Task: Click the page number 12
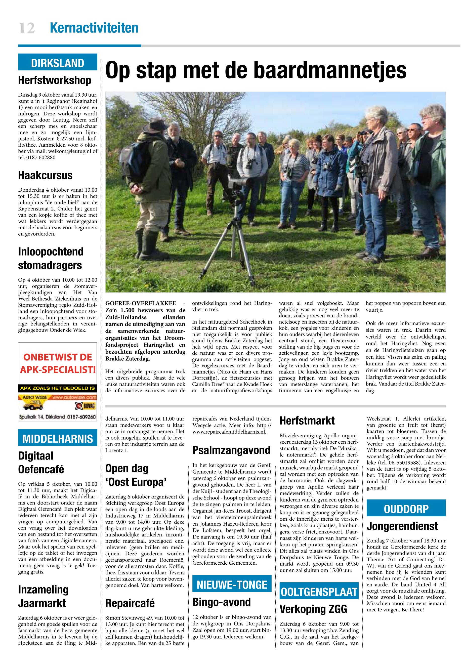pyautogui.click(x=27, y=28)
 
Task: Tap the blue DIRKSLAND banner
pyautogui.click(x=58, y=63)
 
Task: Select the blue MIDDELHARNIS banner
pyautogui.click(x=58, y=438)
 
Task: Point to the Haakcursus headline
pyautogui.click(x=45, y=175)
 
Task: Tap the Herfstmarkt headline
pyautogui.click(x=307, y=421)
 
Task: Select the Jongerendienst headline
pyautogui.click(x=402, y=526)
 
